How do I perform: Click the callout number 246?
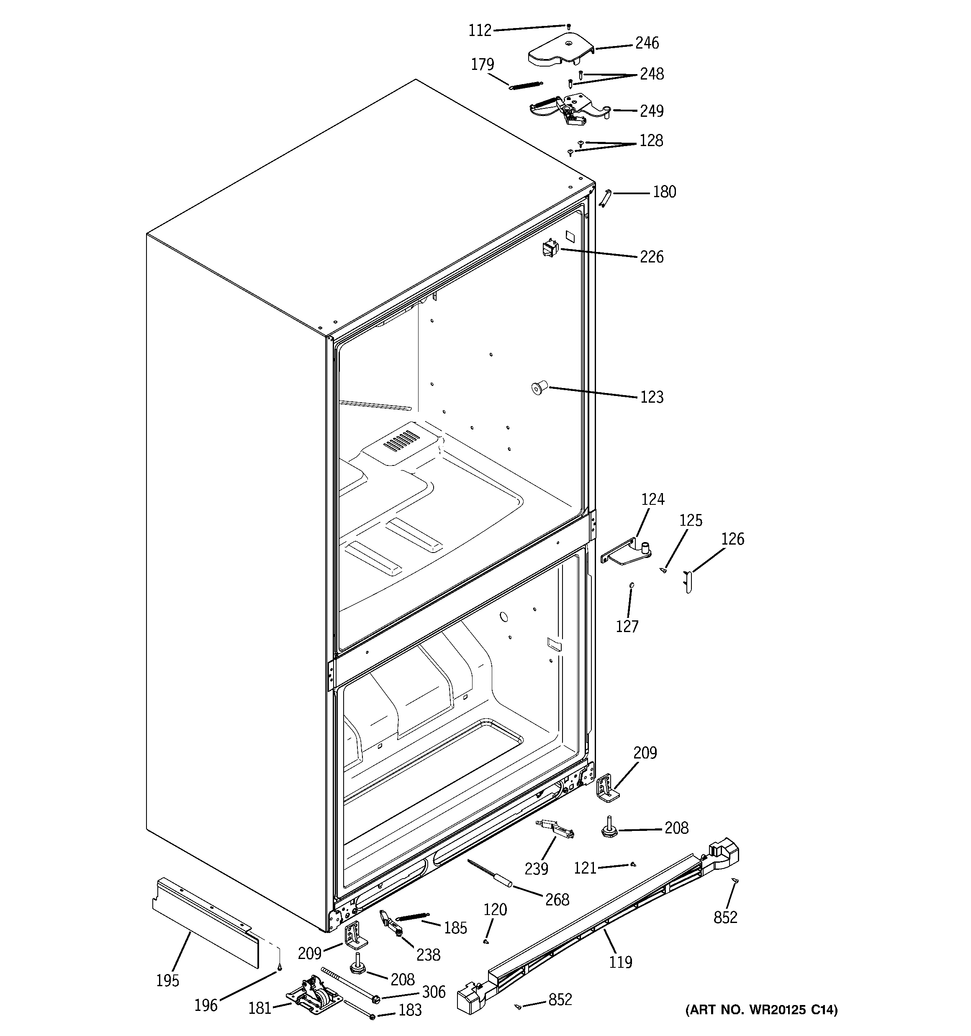coord(646,43)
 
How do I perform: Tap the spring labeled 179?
coord(525,85)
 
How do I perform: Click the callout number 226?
coord(652,257)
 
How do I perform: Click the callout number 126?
coord(732,539)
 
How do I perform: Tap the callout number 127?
coord(627,626)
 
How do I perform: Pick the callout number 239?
coord(536,869)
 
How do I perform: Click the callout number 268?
coord(557,900)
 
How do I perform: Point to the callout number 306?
coord(433,992)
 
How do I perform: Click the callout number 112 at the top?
coord(480,31)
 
